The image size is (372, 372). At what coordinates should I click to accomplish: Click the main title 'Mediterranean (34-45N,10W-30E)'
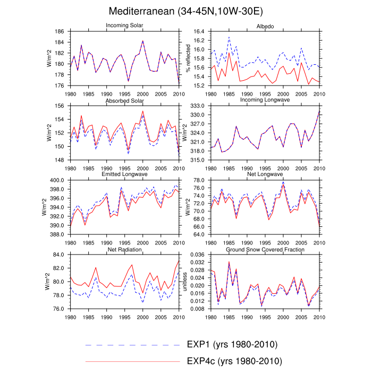tap(186, 11)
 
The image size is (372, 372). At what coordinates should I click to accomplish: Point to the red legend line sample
tap(133, 361)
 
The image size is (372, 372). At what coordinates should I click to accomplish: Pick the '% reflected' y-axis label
tap(188, 58)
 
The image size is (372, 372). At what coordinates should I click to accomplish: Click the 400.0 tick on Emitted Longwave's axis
tap(56, 180)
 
